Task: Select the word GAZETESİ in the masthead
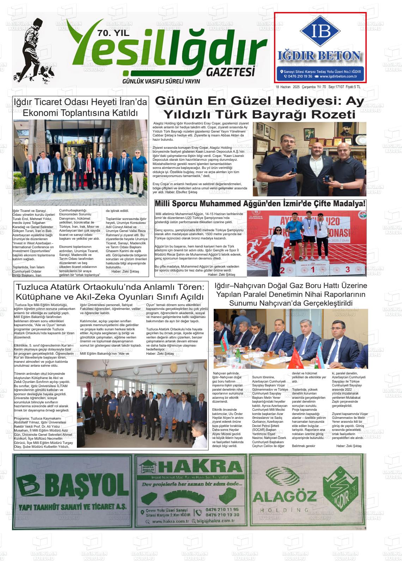click(x=230, y=72)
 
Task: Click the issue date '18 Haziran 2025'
click(x=287, y=87)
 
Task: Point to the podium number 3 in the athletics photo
click(x=347, y=270)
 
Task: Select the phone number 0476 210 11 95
click(x=224, y=509)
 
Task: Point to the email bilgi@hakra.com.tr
click(x=216, y=521)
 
